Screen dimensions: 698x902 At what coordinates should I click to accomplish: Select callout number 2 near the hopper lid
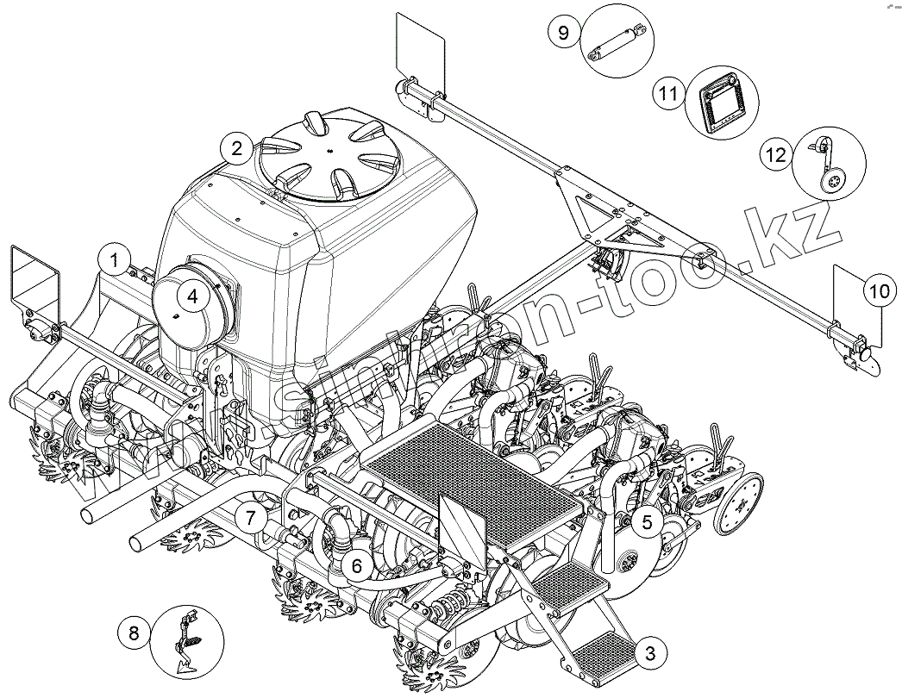pos(235,149)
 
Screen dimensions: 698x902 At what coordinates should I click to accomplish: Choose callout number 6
pos(355,566)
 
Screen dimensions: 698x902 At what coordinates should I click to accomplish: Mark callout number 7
pos(250,518)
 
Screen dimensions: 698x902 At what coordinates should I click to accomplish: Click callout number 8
pos(134,633)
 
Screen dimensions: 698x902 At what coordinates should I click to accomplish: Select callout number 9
pos(563,34)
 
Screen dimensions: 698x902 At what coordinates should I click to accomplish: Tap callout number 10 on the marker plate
pos(877,292)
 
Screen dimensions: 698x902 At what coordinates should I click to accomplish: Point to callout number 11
pos(667,93)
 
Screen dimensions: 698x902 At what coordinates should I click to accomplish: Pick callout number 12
pos(774,154)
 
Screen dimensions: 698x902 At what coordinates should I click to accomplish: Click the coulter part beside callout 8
pos(189,639)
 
